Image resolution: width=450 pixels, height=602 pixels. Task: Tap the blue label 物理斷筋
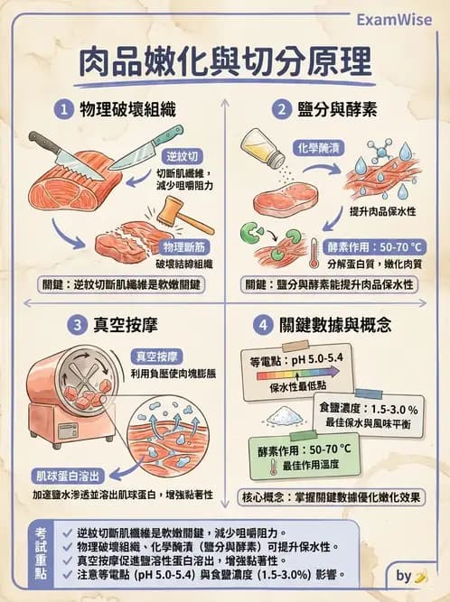[183, 246]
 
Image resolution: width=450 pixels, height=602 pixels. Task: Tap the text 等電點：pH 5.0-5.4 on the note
[294, 362]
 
